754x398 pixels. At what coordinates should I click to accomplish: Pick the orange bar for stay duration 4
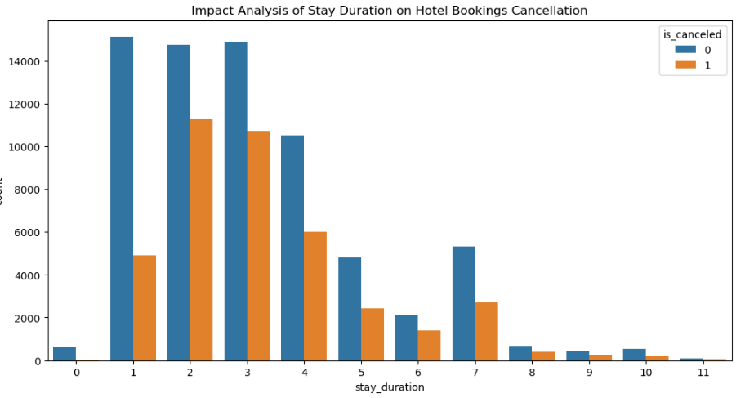click(315, 296)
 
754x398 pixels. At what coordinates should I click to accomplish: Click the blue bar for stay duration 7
click(463, 303)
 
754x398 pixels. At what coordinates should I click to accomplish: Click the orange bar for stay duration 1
click(145, 308)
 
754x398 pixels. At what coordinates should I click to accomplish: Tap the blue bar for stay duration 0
click(65, 354)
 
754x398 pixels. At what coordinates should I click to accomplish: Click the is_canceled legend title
click(692, 34)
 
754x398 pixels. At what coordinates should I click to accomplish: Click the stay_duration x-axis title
click(390, 387)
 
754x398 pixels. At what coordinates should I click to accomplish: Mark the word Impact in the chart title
click(210, 11)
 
